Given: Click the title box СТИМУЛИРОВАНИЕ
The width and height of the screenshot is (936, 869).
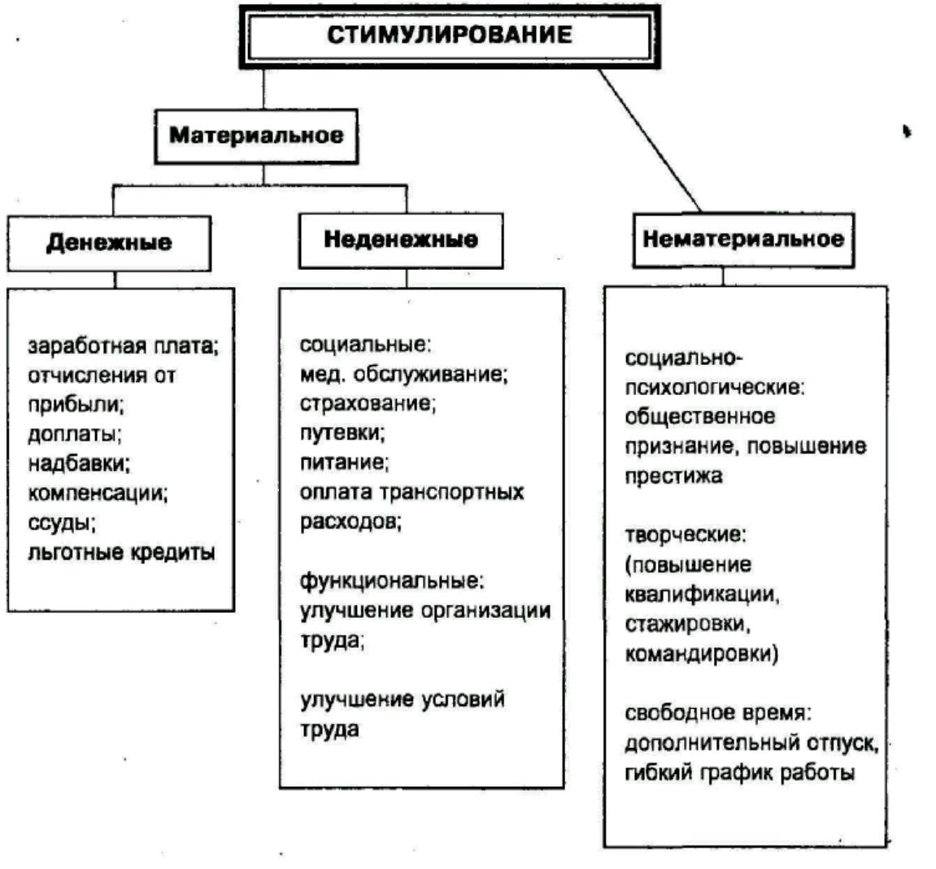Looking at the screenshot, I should [449, 36].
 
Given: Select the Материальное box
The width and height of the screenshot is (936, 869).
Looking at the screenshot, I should [256, 135].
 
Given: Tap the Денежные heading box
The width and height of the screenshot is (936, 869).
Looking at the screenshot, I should [109, 242].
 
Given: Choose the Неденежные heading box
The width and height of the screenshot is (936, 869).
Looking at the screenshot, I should [400, 240].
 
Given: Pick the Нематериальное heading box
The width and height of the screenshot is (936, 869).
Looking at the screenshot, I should [743, 239].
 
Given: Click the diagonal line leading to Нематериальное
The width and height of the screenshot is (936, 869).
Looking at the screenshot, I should [648, 138].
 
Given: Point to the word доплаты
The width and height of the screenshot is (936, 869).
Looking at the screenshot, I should [74, 434].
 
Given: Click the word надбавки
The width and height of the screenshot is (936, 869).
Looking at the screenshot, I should [79, 463].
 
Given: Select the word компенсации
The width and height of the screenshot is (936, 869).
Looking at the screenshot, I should [98, 493].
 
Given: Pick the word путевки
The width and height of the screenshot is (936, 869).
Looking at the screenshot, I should [342, 433].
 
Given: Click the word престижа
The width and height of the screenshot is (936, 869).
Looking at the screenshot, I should [673, 476].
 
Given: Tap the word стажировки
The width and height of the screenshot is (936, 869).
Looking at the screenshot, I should [687, 624].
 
